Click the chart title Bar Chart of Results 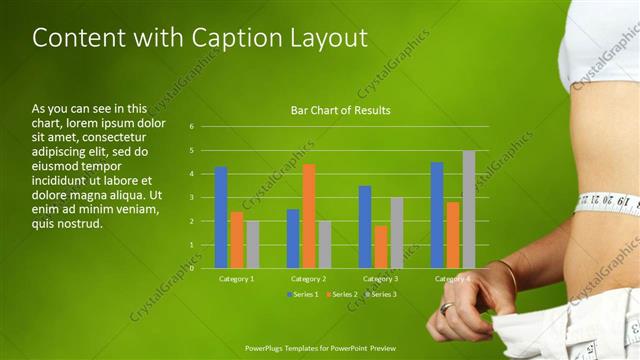(340, 110)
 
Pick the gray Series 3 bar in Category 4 (469, 209)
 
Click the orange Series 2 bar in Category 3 (381, 246)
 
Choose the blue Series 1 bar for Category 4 (437, 214)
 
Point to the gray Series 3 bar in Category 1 (253, 244)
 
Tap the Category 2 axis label (308, 278)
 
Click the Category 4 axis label (452, 278)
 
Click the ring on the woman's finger (446, 309)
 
